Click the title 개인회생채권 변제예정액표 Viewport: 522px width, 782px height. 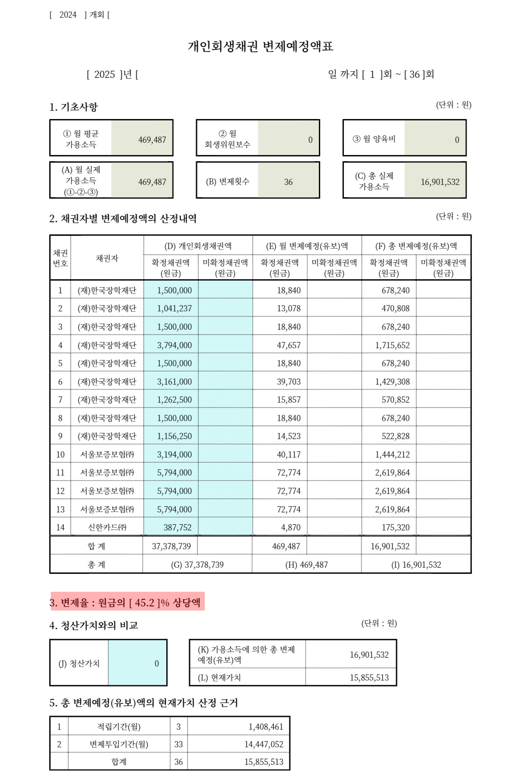pyautogui.click(x=260, y=46)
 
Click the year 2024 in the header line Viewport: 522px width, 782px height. pyautogui.click(x=68, y=15)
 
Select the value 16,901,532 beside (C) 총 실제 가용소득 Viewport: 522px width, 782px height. pyautogui.click(x=440, y=182)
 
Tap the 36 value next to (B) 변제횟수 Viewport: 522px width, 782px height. pyautogui.click(x=288, y=182)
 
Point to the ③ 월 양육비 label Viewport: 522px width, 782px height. pyautogui.click(x=374, y=139)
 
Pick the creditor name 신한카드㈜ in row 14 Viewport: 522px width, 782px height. pyautogui.click(x=107, y=528)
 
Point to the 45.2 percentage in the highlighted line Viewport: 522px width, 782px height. pyautogui.click(x=144, y=603)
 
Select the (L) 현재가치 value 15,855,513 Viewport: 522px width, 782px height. pyautogui.click(x=369, y=678)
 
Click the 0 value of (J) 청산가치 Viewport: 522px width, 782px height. pyautogui.click(x=156, y=664)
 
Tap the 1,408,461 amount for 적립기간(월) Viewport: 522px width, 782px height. pyautogui.click(x=266, y=727)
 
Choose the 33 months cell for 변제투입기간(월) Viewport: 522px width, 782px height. pyautogui.click(x=178, y=744)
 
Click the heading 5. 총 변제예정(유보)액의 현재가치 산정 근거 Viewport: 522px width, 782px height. pyautogui.click(x=144, y=703)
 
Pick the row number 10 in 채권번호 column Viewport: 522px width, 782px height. pyautogui.click(x=60, y=454)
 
